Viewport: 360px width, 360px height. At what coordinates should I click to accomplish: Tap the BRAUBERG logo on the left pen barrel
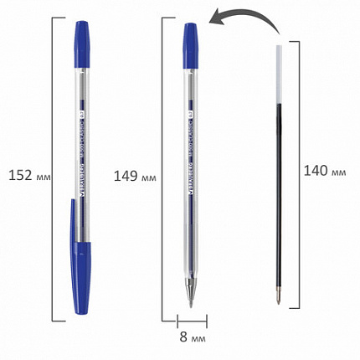83,180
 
